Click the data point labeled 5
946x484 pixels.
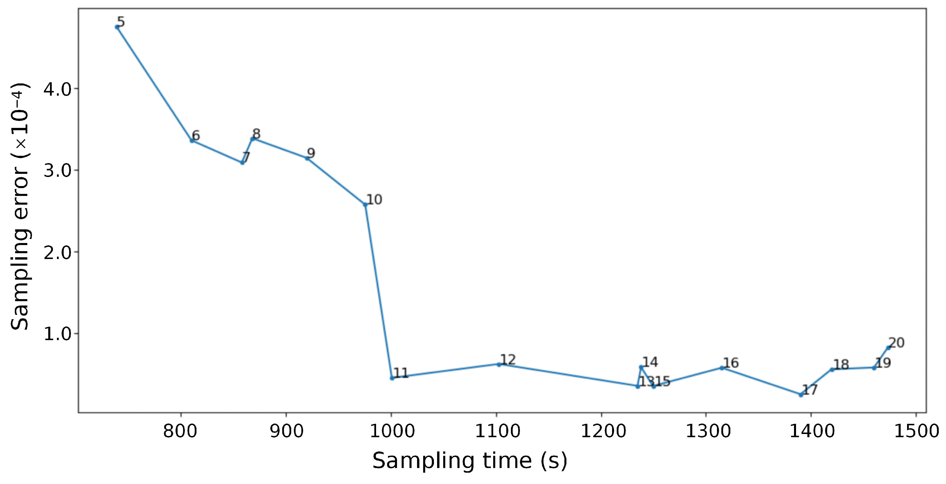[x=117, y=27]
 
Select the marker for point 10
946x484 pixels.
[x=365, y=205]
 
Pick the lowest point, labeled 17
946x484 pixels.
[x=801, y=395]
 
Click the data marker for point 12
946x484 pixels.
[x=499, y=364]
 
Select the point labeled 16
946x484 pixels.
[x=722, y=368]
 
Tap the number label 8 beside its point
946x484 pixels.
[x=256, y=134]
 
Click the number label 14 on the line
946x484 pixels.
[x=650, y=362]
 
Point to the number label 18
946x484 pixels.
[x=841, y=364]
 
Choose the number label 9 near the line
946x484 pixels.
[x=311, y=153]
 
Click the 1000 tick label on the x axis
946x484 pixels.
[x=392, y=431]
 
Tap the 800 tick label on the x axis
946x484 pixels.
[x=180, y=431]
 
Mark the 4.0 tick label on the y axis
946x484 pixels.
[x=57, y=89]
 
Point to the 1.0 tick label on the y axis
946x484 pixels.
[x=57, y=334]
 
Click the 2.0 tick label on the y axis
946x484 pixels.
[x=57, y=253]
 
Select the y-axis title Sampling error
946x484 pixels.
[x=20, y=206]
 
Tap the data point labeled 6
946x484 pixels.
[x=192, y=141]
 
